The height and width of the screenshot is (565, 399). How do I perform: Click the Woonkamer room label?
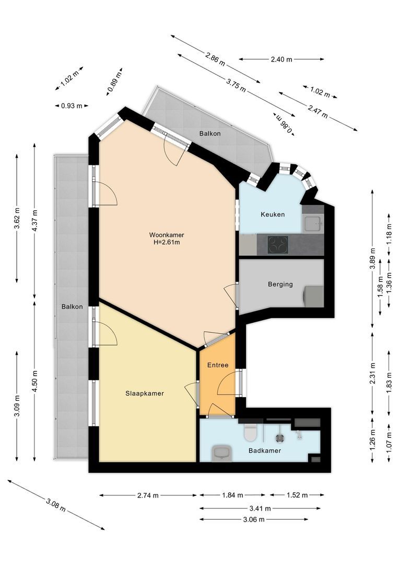tap(167, 235)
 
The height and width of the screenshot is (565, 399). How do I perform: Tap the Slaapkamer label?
tap(145, 393)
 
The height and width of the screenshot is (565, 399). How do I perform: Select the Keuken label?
tap(273, 214)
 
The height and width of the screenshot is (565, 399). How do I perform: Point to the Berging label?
tap(280, 284)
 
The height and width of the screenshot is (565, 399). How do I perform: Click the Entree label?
tap(218, 365)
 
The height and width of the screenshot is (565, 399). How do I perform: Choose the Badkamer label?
tap(265, 450)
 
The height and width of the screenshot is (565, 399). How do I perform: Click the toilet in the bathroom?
tap(250, 432)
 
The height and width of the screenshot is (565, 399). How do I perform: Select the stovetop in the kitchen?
tap(278, 245)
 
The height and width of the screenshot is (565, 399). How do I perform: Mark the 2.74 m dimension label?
tap(148, 495)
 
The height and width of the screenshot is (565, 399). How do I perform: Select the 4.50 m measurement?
tap(34, 381)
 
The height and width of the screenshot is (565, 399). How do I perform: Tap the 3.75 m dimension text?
tap(236, 85)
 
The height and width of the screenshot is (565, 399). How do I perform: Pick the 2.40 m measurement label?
tap(281, 60)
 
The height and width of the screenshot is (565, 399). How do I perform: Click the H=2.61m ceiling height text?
tap(167, 242)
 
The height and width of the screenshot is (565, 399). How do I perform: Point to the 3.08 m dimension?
tap(56, 504)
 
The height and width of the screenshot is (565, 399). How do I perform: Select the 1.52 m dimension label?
tap(297, 495)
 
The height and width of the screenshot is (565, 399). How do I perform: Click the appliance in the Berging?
tap(314, 297)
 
